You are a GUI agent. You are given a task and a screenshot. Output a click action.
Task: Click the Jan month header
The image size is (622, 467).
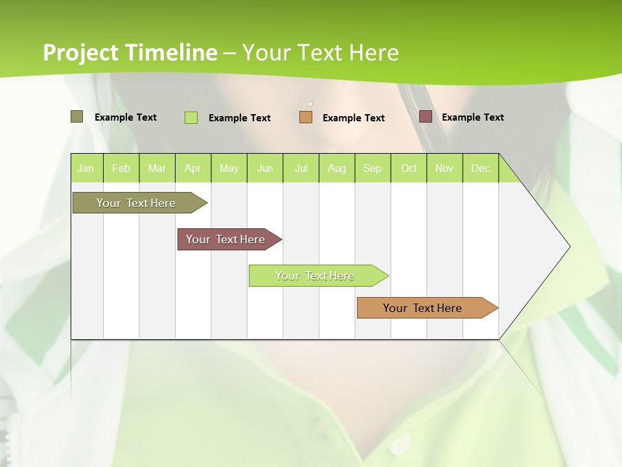pyautogui.click(x=86, y=168)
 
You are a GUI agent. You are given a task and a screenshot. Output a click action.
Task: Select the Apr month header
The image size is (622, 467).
pyautogui.click(x=192, y=168)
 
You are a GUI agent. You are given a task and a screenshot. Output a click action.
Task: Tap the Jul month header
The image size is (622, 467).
pyautogui.click(x=301, y=168)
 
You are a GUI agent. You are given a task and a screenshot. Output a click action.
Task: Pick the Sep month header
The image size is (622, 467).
pyautogui.click(x=372, y=168)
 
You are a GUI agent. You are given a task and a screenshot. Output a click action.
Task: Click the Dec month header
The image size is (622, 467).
pyautogui.click(x=480, y=168)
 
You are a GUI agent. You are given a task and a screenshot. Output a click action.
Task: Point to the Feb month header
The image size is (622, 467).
pyautogui.click(x=121, y=168)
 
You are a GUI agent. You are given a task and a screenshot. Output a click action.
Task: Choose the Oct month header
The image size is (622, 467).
pyautogui.click(x=409, y=168)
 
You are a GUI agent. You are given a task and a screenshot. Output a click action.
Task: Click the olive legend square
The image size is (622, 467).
pyautogui.click(x=76, y=117)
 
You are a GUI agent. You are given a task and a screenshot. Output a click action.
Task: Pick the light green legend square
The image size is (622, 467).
pyautogui.click(x=191, y=117)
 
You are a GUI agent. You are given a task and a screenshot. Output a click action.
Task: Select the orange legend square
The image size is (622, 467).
pyautogui.click(x=306, y=117)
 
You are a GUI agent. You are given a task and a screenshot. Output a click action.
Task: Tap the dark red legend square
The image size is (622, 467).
pyautogui.click(x=426, y=117)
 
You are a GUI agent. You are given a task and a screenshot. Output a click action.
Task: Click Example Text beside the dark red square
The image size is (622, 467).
pyautogui.click(x=472, y=117)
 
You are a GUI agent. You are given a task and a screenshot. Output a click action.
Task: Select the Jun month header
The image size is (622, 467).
pyautogui.click(x=265, y=168)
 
